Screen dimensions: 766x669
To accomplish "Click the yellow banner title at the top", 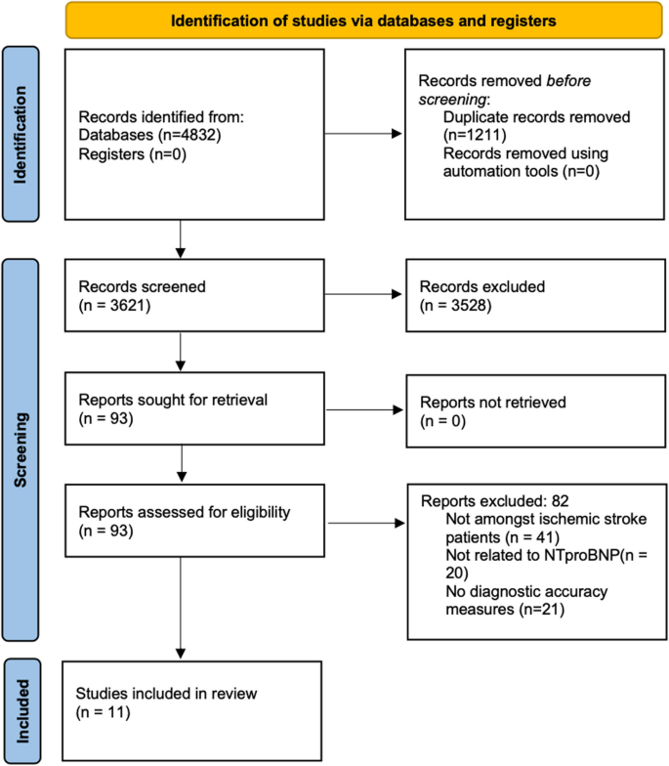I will point(359,20).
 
